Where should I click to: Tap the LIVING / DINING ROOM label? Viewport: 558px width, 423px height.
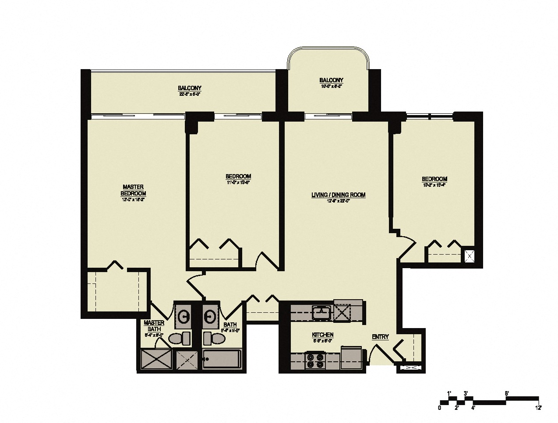pos(338,195)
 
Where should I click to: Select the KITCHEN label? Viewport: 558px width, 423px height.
pos(323,335)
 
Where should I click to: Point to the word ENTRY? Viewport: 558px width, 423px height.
pos(380,337)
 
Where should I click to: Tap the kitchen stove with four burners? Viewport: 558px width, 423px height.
pos(314,360)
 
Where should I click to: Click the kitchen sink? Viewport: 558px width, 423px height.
pos(322,312)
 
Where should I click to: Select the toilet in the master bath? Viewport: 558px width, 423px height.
pos(180,338)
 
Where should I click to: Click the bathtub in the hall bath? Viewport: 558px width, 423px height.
pos(222,360)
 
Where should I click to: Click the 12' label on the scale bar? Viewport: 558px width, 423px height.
pos(538,408)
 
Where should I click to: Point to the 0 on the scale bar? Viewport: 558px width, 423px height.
pos(440,408)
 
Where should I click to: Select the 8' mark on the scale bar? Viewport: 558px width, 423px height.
pos(506,393)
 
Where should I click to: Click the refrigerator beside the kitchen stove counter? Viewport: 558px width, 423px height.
pos(351,355)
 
